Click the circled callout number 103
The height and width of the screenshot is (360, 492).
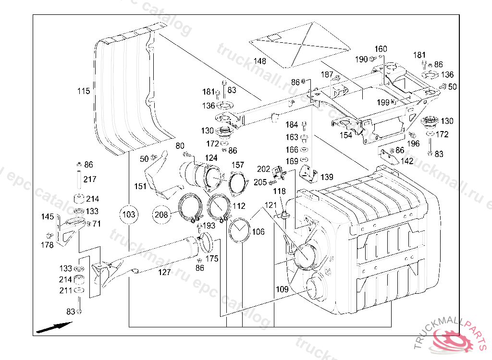(x=129, y=215)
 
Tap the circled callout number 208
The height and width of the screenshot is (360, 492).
(x=162, y=215)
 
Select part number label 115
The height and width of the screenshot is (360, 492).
(x=84, y=91)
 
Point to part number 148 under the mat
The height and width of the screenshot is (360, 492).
(x=260, y=61)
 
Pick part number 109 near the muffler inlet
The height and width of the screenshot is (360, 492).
(x=282, y=289)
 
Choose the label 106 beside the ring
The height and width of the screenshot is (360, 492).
(x=258, y=232)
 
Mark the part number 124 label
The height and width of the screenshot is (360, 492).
(x=211, y=157)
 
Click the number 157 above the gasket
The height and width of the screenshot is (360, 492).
(x=238, y=165)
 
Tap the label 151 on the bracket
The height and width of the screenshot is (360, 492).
(x=140, y=186)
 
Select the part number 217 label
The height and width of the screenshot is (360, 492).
(x=90, y=180)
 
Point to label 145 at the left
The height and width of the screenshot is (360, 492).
(x=48, y=217)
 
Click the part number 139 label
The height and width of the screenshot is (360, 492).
(x=327, y=178)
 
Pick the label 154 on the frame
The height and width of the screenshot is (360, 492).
(x=346, y=135)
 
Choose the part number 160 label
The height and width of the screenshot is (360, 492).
(x=381, y=49)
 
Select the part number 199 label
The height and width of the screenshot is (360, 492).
(x=383, y=102)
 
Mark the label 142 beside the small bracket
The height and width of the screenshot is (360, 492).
(x=407, y=161)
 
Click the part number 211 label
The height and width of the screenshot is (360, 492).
(x=66, y=290)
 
